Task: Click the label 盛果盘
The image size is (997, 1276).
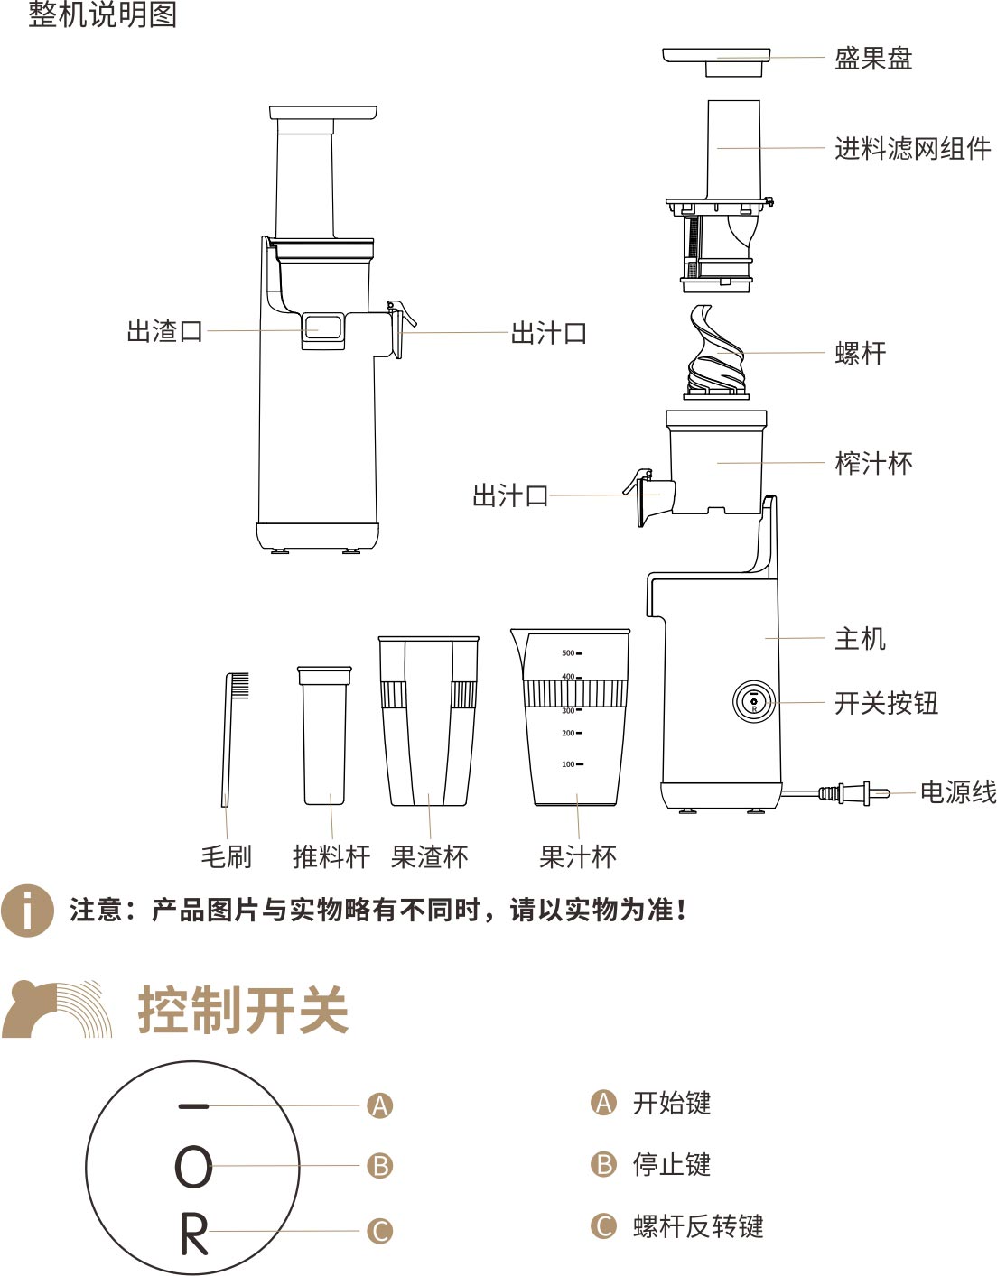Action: (x=873, y=58)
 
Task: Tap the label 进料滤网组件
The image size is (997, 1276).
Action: (x=912, y=148)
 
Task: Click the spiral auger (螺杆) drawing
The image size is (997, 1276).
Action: (x=716, y=351)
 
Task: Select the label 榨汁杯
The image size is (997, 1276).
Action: (x=873, y=463)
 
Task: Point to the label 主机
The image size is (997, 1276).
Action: (x=860, y=638)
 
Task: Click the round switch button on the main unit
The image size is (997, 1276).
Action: (x=754, y=701)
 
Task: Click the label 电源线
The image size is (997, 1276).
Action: (x=957, y=791)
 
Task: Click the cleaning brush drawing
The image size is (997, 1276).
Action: (x=234, y=739)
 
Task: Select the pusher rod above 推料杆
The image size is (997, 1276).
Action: (x=324, y=735)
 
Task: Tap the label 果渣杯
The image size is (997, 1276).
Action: (x=430, y=856)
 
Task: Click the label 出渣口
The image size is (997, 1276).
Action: (x=165, y=331)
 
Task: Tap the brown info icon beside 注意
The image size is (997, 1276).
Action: (x=27, y=911)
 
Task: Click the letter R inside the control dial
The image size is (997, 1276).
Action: (x=194, y=1234)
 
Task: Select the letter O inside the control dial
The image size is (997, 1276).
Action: (x=193, y=1167)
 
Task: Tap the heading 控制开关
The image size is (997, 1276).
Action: (x=243, y=1010)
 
